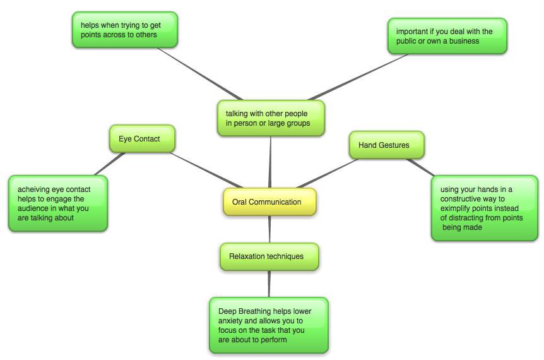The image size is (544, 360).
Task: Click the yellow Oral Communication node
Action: (x=269, y=202)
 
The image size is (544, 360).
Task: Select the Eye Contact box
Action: (x=141, y=139)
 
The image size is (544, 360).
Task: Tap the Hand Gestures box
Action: (x=386, y=145)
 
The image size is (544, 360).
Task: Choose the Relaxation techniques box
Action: (x=269, y=256)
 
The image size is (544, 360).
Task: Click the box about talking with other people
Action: (x=271, y=118)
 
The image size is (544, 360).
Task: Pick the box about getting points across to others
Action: (x=124, y=30)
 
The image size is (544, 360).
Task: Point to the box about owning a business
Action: (x=447, y=36)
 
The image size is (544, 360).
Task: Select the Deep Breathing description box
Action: (x=269, y=325)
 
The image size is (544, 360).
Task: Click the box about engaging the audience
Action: (x=58, y=203)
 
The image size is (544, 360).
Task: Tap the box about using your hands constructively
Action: (x=485, y=208)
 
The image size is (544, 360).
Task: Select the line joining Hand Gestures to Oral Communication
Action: (x=328, y=172)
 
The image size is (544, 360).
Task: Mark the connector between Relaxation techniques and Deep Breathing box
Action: (x=269, y=284)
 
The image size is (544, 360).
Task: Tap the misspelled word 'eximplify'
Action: (x=458, y=208)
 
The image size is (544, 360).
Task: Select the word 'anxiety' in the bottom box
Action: (x=232, y=321)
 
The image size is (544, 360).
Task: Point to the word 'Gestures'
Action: (x=394, y=145)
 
